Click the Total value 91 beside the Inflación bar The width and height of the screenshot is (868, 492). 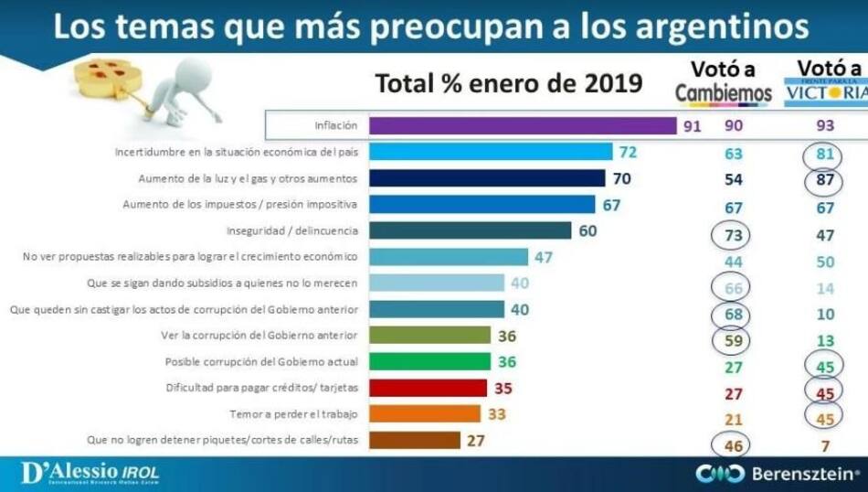692,125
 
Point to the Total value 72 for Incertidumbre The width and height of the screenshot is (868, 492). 627,152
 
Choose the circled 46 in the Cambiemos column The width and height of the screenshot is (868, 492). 734,445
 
